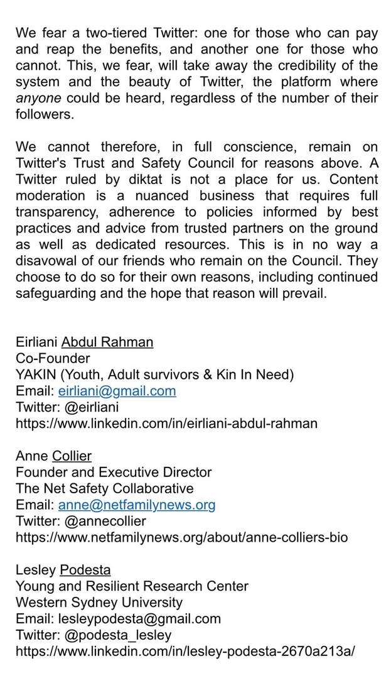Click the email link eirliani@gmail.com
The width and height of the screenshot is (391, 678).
117,391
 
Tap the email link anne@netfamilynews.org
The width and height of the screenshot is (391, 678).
136,505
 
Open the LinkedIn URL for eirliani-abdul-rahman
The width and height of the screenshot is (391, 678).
166,424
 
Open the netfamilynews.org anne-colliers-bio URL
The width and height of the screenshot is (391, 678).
181,537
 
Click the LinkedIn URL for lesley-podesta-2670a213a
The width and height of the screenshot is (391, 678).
185,651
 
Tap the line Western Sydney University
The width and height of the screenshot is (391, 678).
99,602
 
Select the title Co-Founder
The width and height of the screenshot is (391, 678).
53,358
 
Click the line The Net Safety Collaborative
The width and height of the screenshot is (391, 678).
104,488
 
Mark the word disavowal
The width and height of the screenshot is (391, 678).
48,261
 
